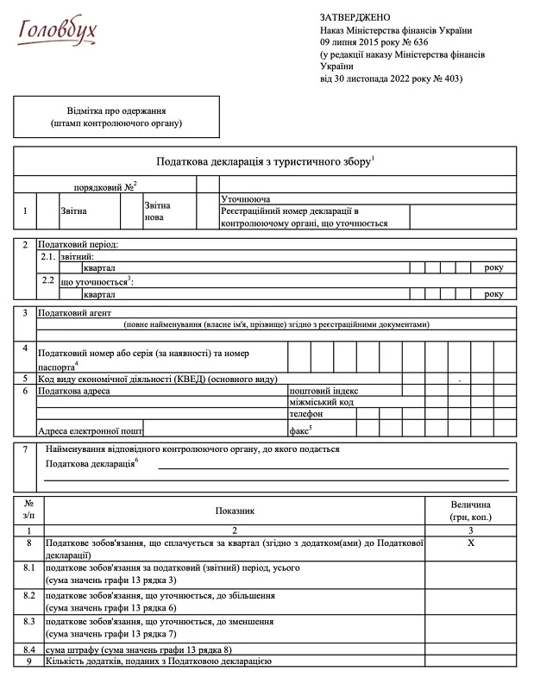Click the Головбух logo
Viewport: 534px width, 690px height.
point(58,30)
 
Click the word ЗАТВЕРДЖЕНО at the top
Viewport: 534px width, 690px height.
point(355,17)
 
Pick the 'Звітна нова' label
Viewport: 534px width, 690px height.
point(158,211)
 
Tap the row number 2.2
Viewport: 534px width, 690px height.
point(48,281)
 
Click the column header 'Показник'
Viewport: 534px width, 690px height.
point(235,511)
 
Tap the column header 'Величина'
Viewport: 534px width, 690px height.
point(471,505)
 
